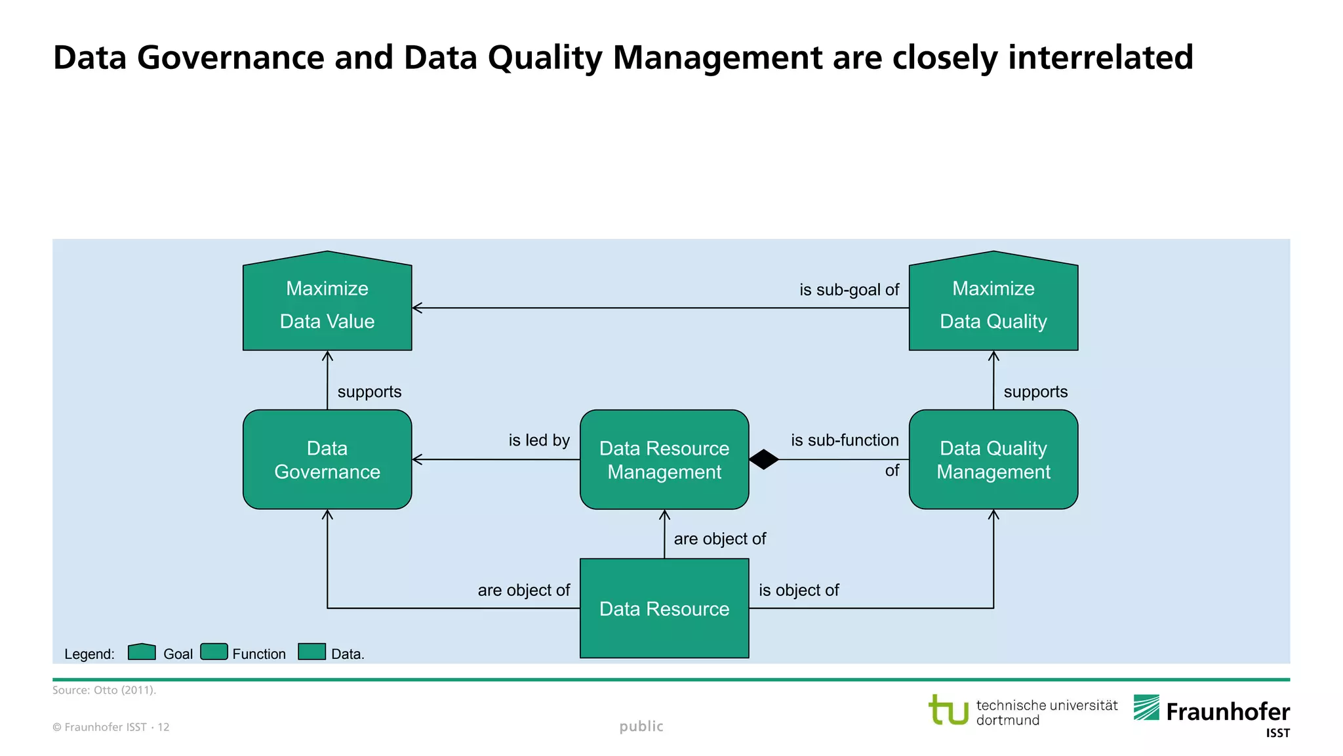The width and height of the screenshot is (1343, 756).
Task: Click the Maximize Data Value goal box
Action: [x=327, y=304]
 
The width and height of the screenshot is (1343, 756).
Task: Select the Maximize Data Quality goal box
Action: [x=993, y=304]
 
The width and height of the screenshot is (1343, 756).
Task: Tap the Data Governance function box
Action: [x=327, y=459]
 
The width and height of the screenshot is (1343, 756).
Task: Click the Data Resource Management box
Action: [x=664, y=459]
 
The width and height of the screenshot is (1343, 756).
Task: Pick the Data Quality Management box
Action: [x=993, y=459]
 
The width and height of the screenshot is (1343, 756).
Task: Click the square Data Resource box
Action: [x=664, y=608]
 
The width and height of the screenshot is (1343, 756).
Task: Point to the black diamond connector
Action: [x=763, y=459]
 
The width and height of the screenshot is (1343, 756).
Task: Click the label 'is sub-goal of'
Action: [x=849, y=289]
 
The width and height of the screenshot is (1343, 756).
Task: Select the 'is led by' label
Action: [x=538, y=440]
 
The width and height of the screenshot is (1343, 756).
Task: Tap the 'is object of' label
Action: [x=798, y=590]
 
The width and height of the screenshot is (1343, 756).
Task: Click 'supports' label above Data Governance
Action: [x=369, y=392]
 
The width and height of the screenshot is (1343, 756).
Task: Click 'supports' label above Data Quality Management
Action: [x=1035, y=392]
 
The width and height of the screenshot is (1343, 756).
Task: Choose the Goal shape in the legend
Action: [x=142, y=652]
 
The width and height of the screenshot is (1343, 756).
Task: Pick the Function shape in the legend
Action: [x=214, y=652]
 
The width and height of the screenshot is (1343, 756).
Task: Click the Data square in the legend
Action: [x=311, y=652]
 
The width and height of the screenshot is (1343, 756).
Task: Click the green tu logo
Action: [x=948, y=710]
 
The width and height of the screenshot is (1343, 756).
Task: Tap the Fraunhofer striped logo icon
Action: [x=1146, y=707]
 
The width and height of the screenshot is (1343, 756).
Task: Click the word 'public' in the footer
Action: [x=641, y=726]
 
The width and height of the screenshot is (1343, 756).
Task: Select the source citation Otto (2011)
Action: [x=104, y=690]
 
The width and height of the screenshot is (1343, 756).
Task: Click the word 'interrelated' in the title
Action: [x=1100, y=57]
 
